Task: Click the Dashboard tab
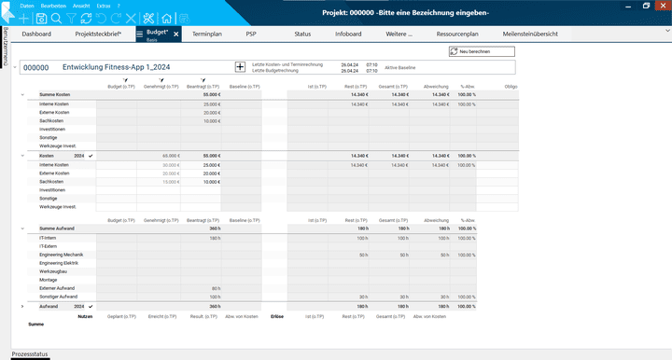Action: pos(36,34)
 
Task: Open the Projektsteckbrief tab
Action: pos(99,34)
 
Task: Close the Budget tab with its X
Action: pos(176,35)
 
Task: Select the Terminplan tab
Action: pos(206,34)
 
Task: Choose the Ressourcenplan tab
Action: pos(456,34)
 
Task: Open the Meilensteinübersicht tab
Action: pos(530,34)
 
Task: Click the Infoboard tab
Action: pos(348,34)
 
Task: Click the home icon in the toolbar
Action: pos(166,18)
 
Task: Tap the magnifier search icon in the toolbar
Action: pos(57,18)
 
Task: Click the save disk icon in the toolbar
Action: pos(41,18)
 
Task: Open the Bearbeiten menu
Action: pos(53,6)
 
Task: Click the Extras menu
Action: pos(103,6)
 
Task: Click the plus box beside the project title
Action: pos(240,67)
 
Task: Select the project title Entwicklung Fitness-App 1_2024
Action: pos(117,67)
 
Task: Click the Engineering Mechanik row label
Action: pos(62,255)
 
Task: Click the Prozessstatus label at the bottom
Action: pos(30,354)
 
